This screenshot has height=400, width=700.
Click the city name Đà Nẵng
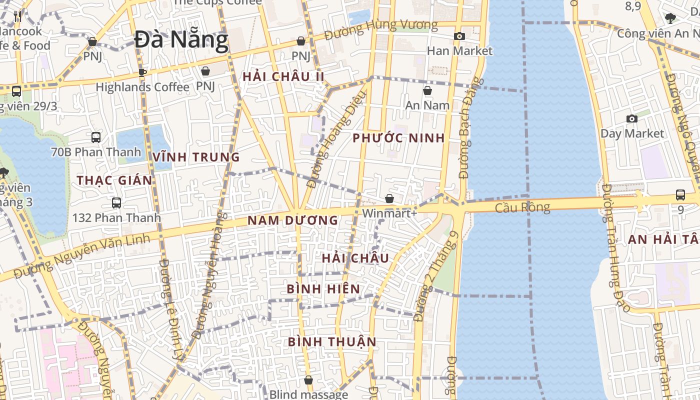coord(181,40)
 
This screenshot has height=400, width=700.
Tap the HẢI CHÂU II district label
coord(283,77)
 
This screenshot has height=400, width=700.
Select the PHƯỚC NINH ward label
coord(398,138)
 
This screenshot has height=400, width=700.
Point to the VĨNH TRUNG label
coord(196,157)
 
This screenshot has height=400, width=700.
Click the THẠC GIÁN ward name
coord(114,180)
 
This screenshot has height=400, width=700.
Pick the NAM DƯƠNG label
coord(292,220)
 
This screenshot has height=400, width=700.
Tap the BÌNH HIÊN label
coord(323,289)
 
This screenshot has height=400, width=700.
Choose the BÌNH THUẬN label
coord(332,341)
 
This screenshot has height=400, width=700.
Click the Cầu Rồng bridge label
coord(522,207)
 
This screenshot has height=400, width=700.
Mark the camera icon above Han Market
coord(459,36)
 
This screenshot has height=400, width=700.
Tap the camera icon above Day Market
coord(632,118)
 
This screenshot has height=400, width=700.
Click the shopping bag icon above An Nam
coord(427,90)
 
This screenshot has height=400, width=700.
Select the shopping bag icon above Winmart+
coord(389,198)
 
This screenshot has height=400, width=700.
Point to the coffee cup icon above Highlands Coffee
coord(142,72)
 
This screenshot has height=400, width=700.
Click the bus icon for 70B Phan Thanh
coord(95,137)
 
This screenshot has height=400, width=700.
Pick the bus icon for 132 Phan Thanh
coord(116,202)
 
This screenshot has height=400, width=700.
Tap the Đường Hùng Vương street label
coord(380,28)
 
